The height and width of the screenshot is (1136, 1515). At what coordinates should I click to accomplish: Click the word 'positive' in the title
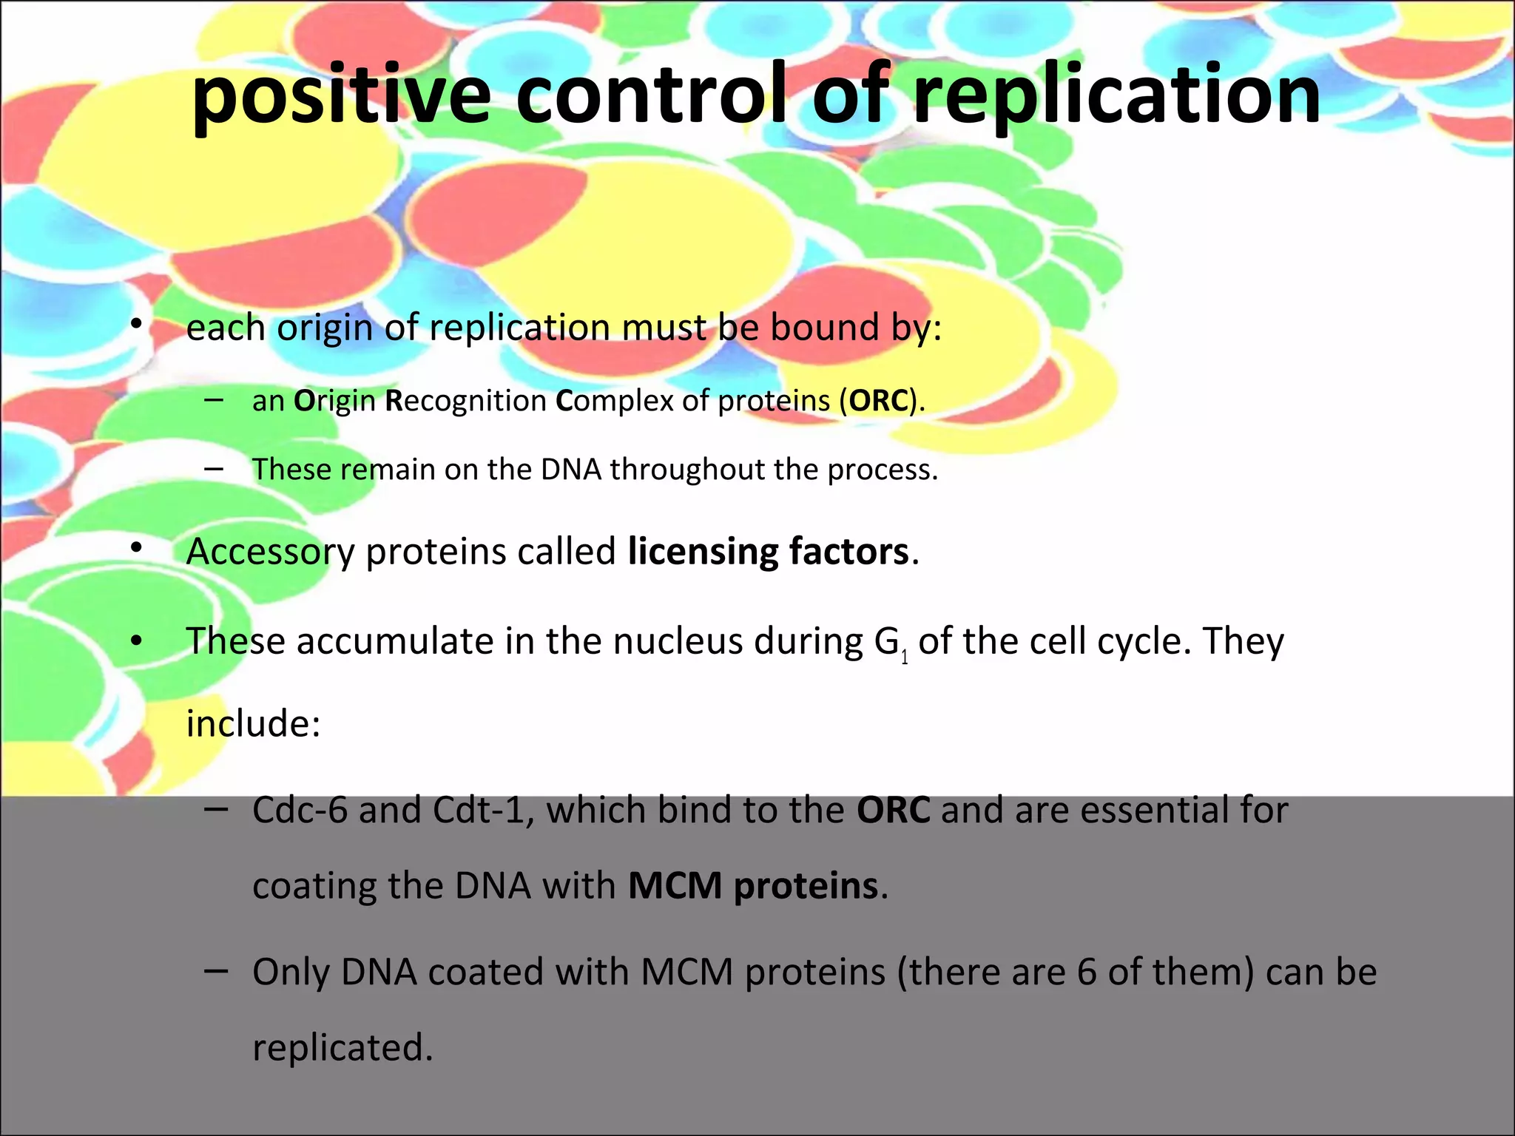click(340, 96)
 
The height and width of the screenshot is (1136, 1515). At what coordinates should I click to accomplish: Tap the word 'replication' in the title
click(1117, 96)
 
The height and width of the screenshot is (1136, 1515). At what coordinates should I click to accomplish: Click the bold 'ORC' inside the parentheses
click(879, 401)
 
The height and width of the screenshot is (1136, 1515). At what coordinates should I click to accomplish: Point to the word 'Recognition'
click(465, 401)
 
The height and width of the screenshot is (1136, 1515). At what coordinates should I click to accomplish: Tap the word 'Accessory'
click(270, 552)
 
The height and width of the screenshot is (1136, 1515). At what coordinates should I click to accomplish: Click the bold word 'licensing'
click(703, 552)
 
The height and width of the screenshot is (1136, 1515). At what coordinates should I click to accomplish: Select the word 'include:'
click(253, 723)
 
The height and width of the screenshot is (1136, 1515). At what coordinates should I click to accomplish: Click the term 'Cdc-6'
click(300, 810)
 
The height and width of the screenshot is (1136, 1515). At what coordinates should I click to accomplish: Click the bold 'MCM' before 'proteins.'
click(675, 886)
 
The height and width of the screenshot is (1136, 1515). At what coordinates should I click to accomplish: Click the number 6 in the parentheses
click(1086, 973)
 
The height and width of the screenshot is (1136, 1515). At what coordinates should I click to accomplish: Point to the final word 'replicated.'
click(343, 1048)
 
